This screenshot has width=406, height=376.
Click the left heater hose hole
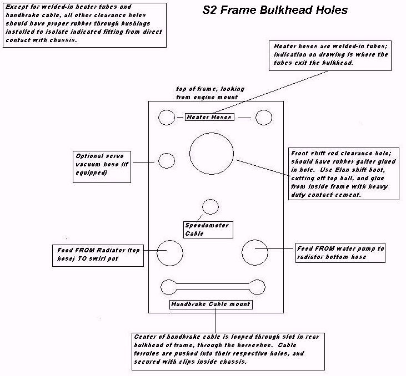click(x=167, y=118)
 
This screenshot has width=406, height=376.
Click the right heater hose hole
click(x=263, y=118)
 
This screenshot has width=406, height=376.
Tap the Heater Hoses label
click(x=209, y=117)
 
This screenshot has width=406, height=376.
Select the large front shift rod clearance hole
click(x=212, y=153)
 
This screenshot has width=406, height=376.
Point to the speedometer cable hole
click(x=210, y=207)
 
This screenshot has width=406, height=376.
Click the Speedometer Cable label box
click(x=207, y=230)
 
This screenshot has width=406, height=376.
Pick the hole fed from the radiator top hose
click(x=169, y=253)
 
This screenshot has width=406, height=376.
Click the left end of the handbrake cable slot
click(x=168, y=287)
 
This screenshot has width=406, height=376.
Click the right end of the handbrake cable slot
click(x=257, y=287)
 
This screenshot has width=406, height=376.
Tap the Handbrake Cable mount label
click(x=210, y=304)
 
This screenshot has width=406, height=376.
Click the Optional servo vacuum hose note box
click(x=101, y=165)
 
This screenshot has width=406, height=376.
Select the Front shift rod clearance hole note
click(x=344, y=174)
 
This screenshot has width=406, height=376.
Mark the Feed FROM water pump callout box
click(x=340, y=252)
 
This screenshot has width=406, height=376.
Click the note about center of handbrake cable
click(x=227, y=349)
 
